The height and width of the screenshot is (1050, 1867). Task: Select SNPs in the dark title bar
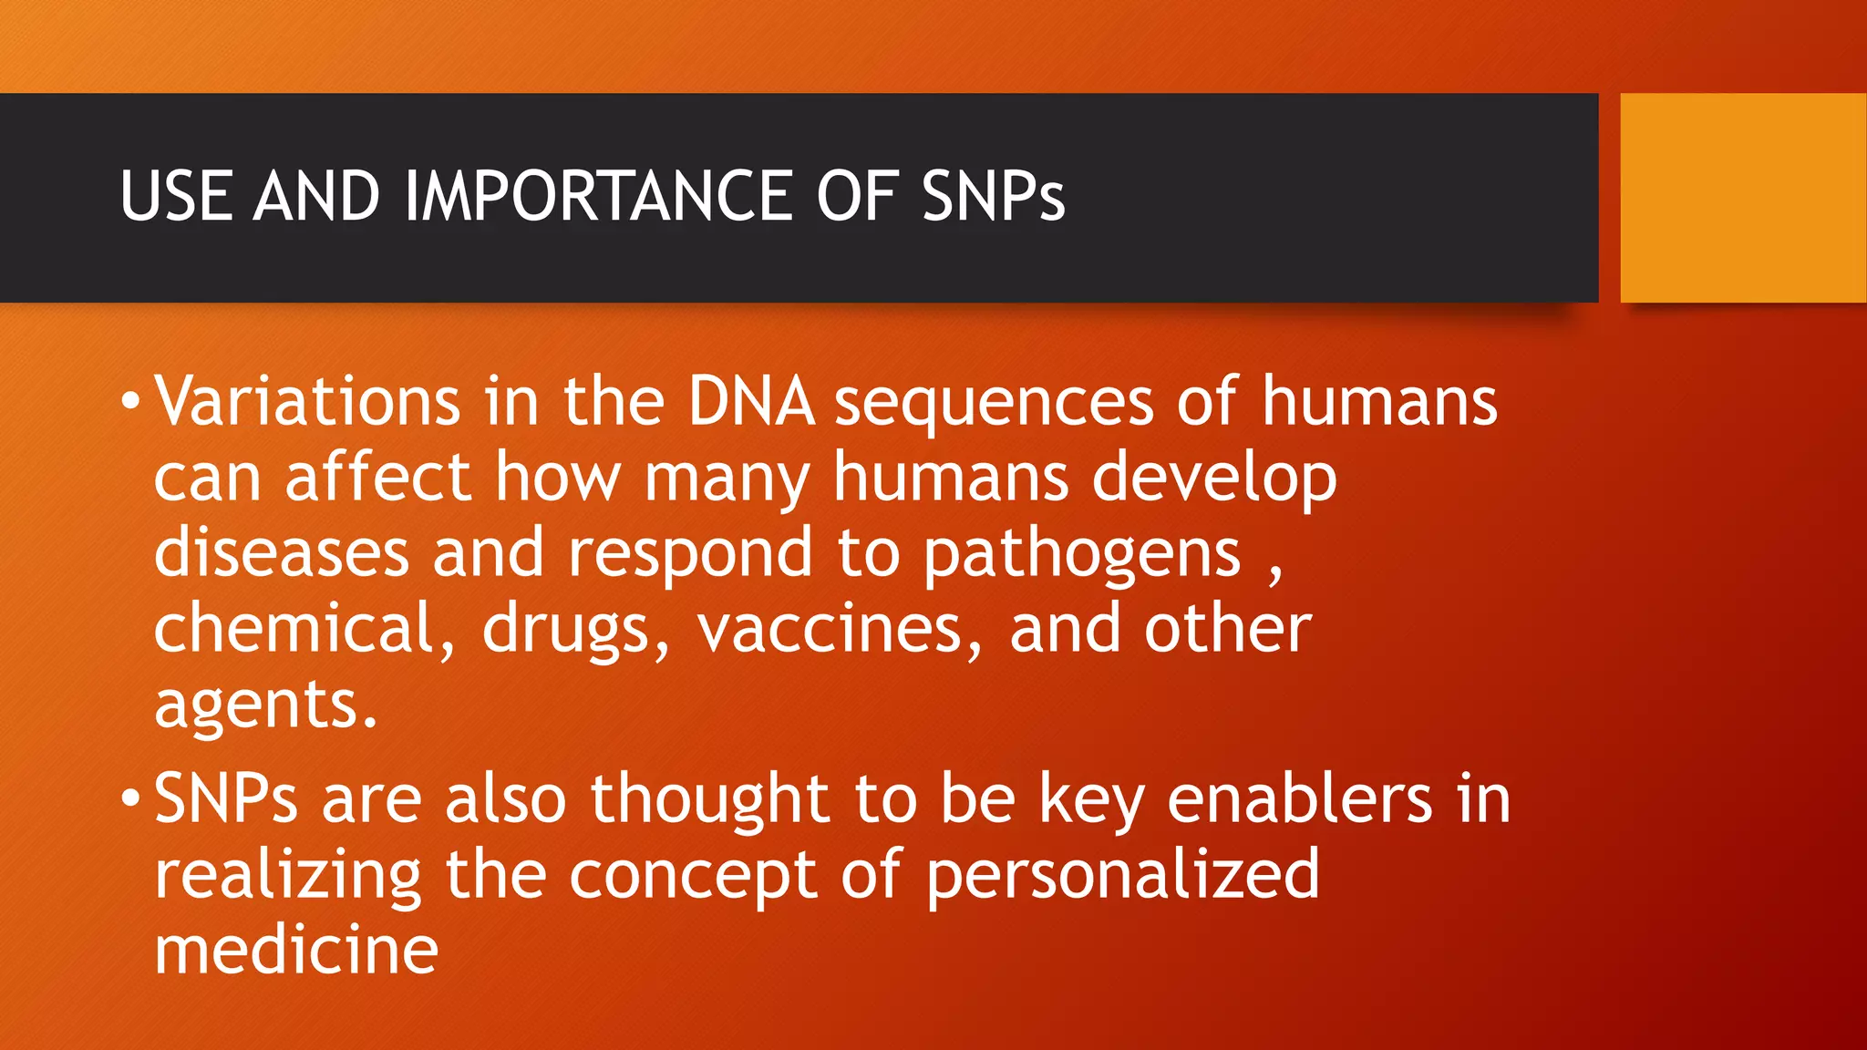(993, 196)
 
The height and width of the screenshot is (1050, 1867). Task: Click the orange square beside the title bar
(1742, 198)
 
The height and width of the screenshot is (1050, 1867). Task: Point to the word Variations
(307, 402)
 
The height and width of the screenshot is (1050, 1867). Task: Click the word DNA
(750, 402)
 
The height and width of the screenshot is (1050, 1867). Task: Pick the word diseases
(282, 554)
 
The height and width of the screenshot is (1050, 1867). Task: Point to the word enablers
(1300, 798)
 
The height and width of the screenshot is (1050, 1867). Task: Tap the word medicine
(296, 950)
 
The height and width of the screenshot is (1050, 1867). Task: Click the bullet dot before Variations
(130, 401)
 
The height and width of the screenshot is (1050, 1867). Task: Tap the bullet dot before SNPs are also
(130, 798)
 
